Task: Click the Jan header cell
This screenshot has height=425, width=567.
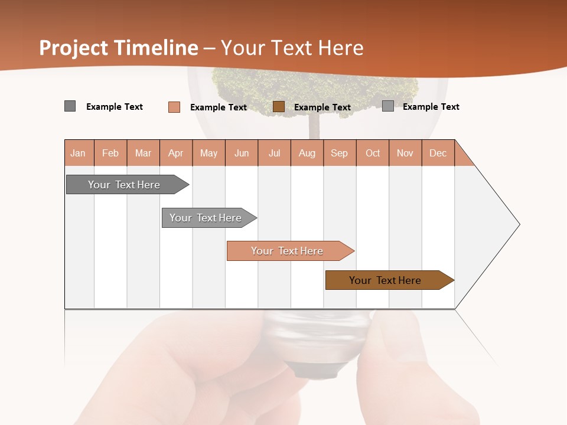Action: [x=79, y=153]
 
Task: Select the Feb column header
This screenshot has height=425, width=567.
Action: [x=110, y=153]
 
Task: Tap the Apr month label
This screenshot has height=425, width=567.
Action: [x=176, y=153]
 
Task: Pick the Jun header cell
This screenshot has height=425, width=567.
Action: [x=242, y=153]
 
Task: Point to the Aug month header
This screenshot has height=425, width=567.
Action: [x=307, y=153]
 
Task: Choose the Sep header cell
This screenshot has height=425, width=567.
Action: [x=340, y=153]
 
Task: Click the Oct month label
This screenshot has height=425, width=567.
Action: [x=373, y=153]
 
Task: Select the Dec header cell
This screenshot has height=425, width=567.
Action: [x=438, y=153]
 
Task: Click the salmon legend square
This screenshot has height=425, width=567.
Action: [x=174, y=107]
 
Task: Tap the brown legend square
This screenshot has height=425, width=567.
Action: [x=279, y=107]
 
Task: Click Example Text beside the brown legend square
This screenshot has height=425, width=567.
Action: [x=322, y=107]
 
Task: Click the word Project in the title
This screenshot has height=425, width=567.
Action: [x=74, y=48]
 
